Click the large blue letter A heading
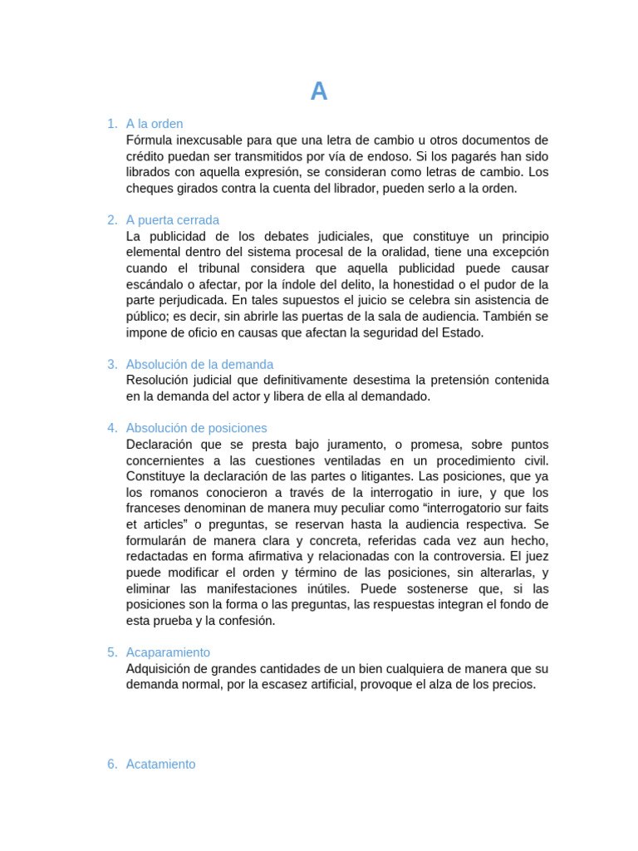tap(319, 92)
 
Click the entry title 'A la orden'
tap(155, 124)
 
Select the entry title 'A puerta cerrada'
tap(173, 220)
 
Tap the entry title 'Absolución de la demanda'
tap(199, 364)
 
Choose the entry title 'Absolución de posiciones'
tap(197, 428)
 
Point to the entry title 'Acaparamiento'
tap(168, 652)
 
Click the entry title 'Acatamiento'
tap(161, 764)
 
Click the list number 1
tap(111, 124)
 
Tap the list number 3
tap(111, 364)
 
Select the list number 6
tap(111, 764)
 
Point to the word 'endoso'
tap(384, 156)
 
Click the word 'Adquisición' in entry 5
tap(162, 669)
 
